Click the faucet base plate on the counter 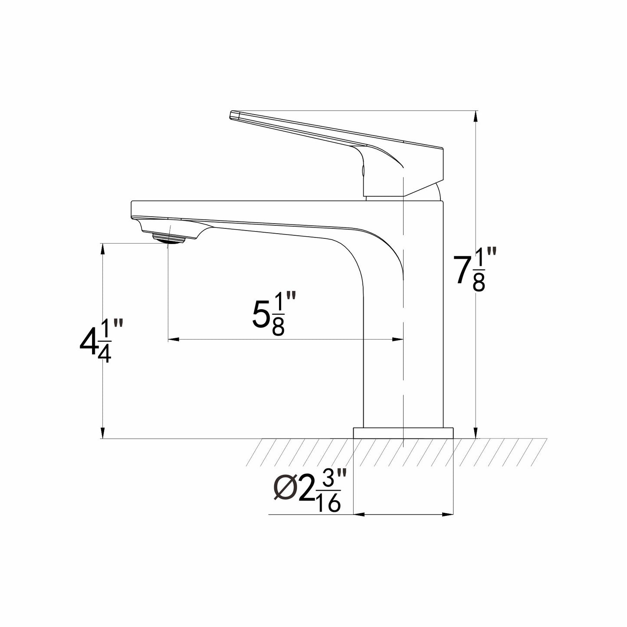pos(403,433)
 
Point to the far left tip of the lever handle pos(230,115)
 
